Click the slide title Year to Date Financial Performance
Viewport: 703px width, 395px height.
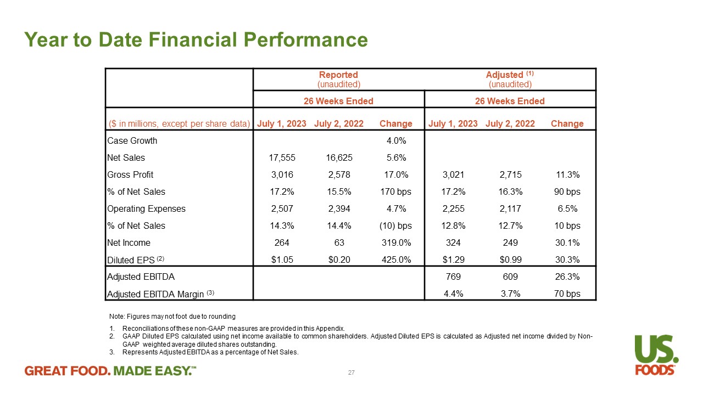(x=196, y=40)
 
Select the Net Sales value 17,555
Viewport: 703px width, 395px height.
(x=282, y=158)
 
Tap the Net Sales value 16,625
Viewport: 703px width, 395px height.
(x=338, y=158)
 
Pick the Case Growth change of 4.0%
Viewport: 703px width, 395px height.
(x=396, y=141)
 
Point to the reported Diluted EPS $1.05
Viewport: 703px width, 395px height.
(x=282, y=260)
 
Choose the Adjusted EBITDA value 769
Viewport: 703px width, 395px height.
(x=453, y=277)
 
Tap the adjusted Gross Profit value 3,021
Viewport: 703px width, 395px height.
(x=453, y=175)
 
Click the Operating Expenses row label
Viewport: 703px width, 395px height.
(x=147, y=209)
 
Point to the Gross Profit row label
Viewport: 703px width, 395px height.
(x=130, y=175)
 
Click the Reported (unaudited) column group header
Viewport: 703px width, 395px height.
(x=338, y=79)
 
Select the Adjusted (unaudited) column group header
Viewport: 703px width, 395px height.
(x=510, y=79)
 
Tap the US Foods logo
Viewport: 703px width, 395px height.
(x=656, y=354)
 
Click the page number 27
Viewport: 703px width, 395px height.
(x=351, y=373)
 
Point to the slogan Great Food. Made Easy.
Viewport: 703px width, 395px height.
(x=110, y=371)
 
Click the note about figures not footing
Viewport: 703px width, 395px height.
(x=172, y=317)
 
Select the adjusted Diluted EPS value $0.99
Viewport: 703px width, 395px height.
(x=510, y=260)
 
